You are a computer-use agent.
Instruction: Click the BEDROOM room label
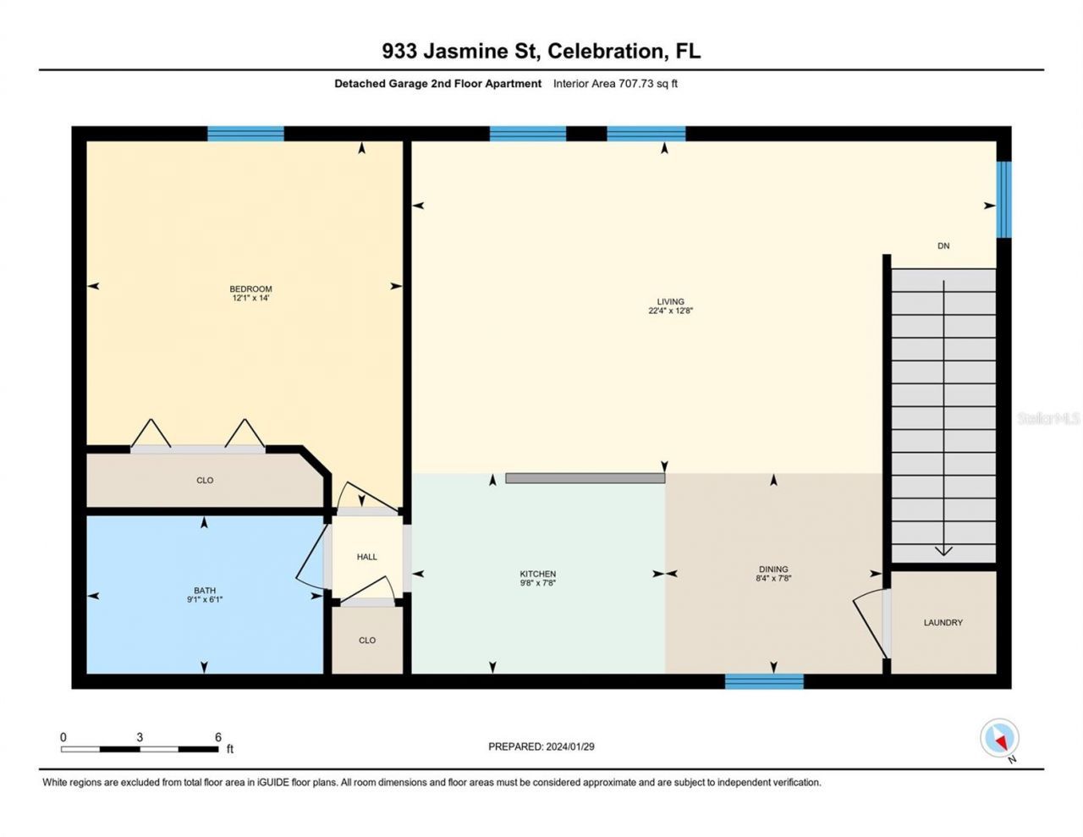click(x=250, y=289)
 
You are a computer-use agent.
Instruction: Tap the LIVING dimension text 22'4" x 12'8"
click(x=670, y=311)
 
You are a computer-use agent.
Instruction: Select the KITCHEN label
click(x=537, y=574)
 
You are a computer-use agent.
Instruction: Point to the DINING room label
click(x=772, y=570)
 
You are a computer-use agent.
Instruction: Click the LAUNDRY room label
click(x=943, y=623)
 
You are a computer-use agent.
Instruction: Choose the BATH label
click(x=204, y=591)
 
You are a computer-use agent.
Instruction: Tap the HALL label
click(x=366, y=557)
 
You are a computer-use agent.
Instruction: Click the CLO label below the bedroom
click(x=205, y=481)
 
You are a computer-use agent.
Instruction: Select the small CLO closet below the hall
click(x=366, y=641)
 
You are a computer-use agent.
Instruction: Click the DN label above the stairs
click(x=943, y=246)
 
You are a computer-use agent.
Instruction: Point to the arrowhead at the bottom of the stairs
click(x=943, y=551)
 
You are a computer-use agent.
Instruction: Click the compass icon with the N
click(x=999, y=739)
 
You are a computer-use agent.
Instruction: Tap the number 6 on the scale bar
click(x=218, y=737)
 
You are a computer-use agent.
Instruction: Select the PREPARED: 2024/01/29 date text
click(x=541, y=746)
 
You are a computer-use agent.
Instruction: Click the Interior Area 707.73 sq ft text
click(x=615, y=84)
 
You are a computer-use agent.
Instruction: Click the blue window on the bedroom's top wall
click(x=245, y=134)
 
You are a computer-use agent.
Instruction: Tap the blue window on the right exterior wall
click(x=1003, y=200)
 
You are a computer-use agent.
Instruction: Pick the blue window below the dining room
click(x=764, y=681)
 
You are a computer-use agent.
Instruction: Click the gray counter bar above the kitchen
click(x=585, y=478)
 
